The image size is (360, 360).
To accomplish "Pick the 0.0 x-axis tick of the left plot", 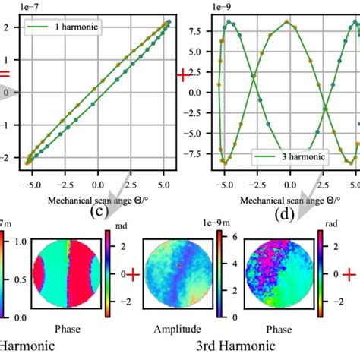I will point(97,185).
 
